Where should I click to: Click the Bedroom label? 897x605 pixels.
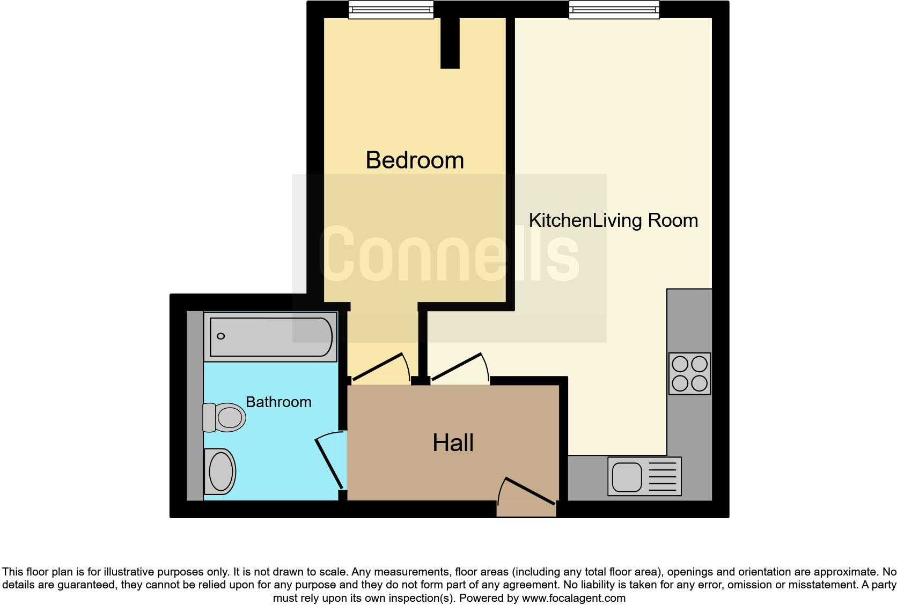(414, 160)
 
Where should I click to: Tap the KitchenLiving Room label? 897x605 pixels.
(613, 220)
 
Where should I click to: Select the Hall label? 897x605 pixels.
(453, 443)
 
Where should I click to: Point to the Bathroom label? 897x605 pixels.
(278, 402)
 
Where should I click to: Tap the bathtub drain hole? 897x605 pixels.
(220, 336)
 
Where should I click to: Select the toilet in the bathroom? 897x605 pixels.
(224, 417)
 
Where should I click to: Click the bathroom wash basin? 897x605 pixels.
(220, 471)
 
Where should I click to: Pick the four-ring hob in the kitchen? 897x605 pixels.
(689, 373)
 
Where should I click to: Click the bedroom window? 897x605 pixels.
(391, 9)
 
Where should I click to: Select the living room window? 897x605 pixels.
(614, 9)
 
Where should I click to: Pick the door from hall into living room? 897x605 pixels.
(459, 367)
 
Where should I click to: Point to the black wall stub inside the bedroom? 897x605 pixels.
(450, 43)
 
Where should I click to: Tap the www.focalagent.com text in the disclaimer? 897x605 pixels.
(574, 597)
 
